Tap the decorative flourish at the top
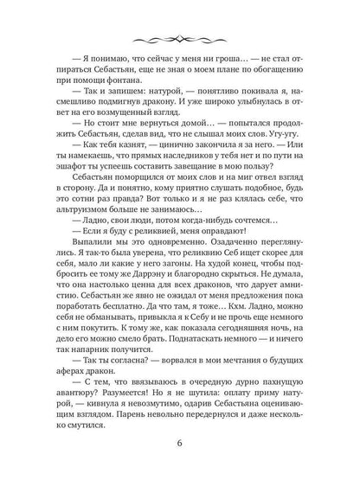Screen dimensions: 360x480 [x=180, y=39]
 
